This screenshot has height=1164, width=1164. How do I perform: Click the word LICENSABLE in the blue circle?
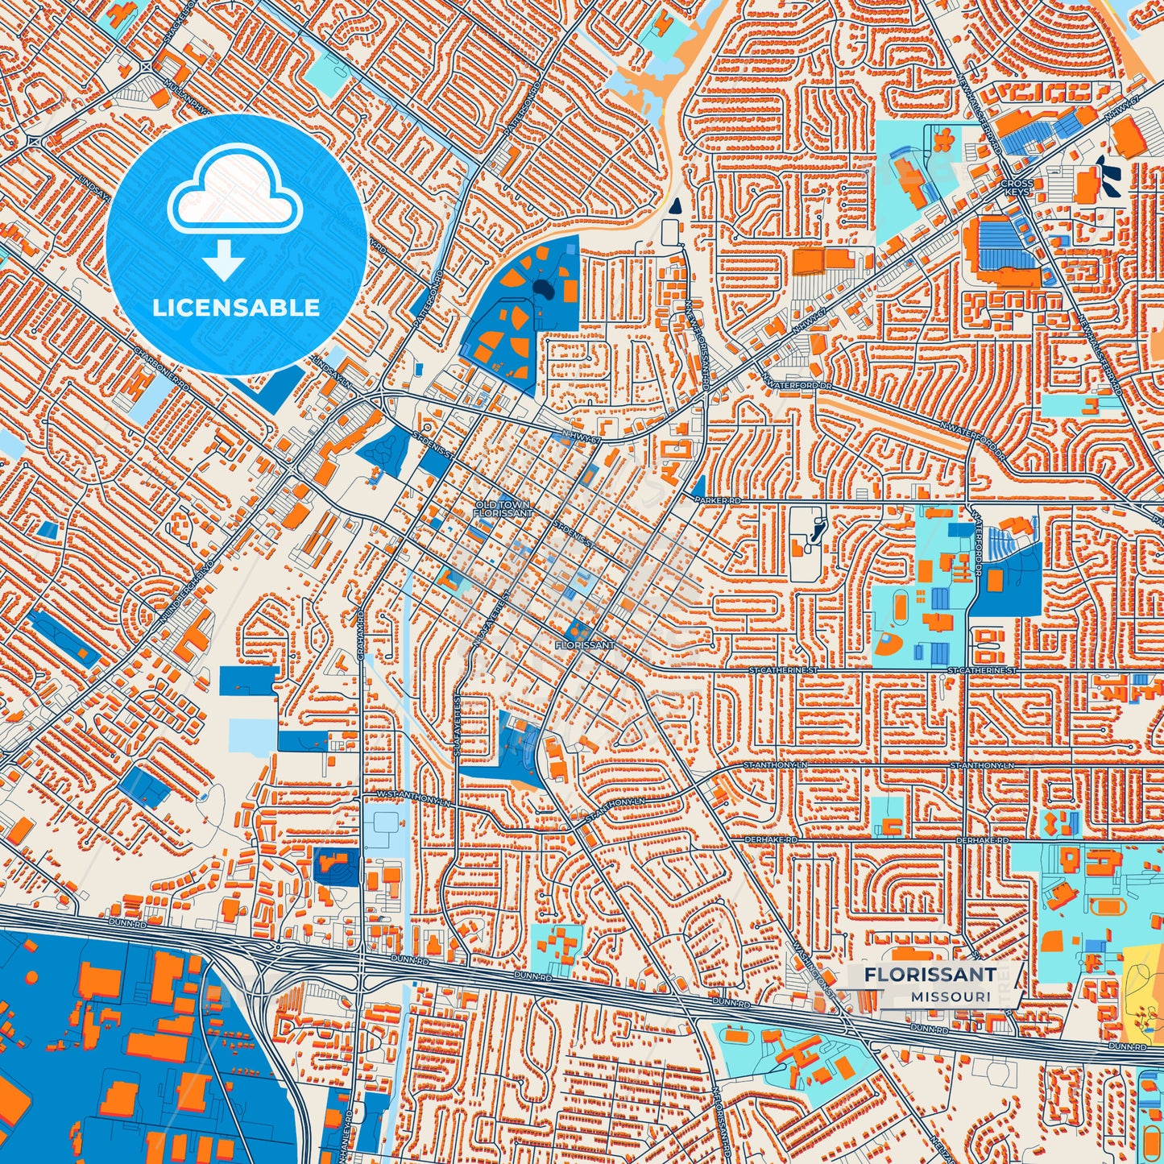[236, 308]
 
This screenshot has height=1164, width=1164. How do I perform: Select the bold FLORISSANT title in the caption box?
[930, 975]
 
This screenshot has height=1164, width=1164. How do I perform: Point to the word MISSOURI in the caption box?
[951, 996]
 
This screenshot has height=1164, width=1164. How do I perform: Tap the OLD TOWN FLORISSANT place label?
[503, 508]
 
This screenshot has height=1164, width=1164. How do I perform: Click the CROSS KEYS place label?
[1017, 188]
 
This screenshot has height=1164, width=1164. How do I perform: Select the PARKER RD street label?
[717, 500]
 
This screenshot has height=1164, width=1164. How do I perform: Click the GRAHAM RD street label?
[362, 636]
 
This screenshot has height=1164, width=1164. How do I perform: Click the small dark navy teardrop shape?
[675, 205]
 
